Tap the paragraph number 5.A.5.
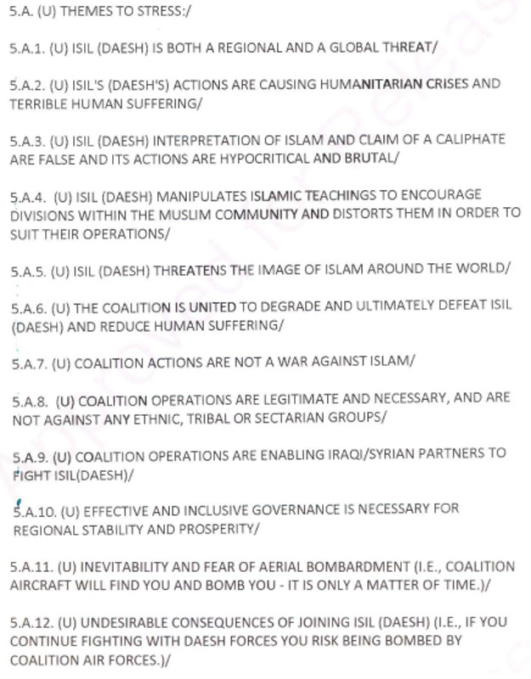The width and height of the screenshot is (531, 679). (28, 271)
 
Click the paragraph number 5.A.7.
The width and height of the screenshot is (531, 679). (28, 363)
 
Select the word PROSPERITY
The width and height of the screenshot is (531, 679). (216, 528)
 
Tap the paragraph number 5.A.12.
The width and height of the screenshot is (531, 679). (31, 622)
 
